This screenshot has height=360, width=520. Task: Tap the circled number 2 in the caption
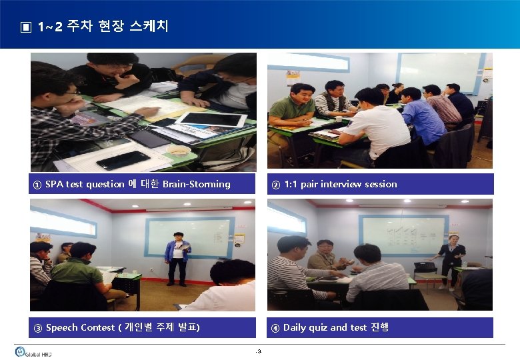(x=275, y=185)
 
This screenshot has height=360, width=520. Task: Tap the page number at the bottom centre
(x=259, y=351)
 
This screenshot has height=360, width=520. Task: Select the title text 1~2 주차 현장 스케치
(x=103, y=27)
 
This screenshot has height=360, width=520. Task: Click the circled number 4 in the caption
(x=275, y=328)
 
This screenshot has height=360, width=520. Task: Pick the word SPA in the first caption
(x=55, y=184)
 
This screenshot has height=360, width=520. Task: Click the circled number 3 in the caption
(x=37, y=328)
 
